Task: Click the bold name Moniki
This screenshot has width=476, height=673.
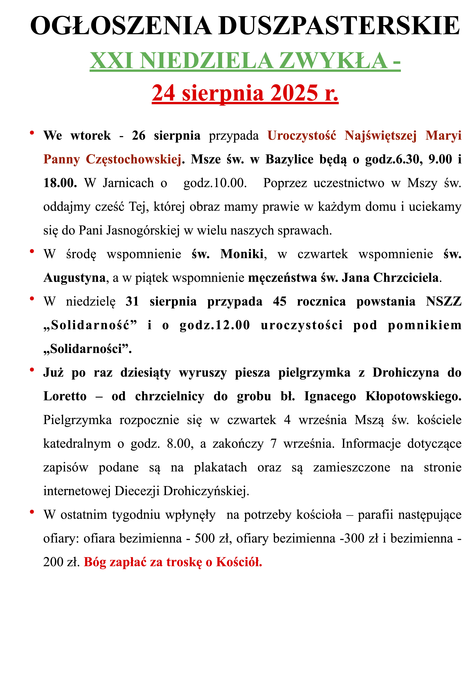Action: pos(242,254)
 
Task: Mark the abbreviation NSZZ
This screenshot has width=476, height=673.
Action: pos(443,301)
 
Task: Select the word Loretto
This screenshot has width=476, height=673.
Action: pos(65,396)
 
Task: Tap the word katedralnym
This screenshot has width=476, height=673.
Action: pos(77,444)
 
